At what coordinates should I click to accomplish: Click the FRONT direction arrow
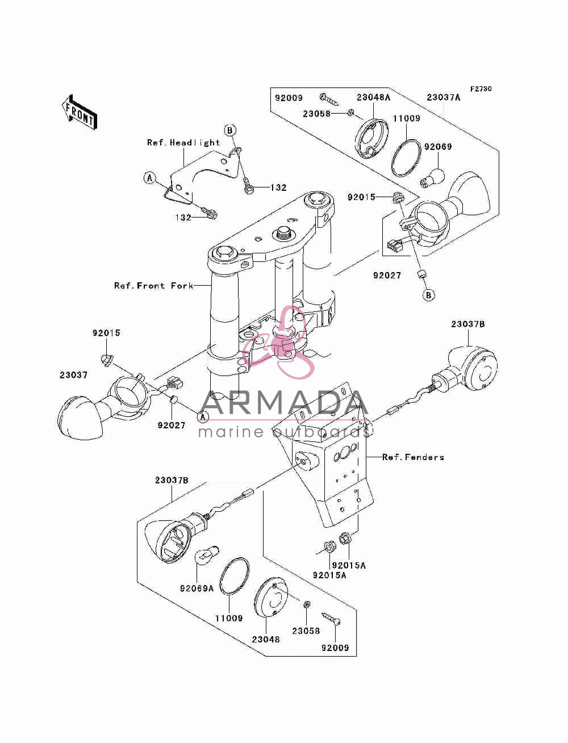tap(80, 112)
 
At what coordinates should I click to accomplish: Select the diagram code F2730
tap(481, 89)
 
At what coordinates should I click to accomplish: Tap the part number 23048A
tap(373, 98)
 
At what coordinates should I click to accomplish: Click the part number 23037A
tap(444, 98)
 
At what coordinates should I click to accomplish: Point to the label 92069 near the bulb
tap(438, 147)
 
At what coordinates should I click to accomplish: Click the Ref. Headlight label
tap(183, 143)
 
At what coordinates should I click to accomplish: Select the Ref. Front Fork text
tap(154, 286)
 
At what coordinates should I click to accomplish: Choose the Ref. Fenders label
tap(413, 457)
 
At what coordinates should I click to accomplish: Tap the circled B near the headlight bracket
tap(230, 130)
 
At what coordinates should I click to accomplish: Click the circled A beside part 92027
tap(203, 416)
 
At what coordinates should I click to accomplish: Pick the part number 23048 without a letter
tap(266, 639)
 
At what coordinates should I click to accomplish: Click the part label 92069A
tap(197, 588)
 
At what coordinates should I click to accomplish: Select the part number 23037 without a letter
tap(73, 375)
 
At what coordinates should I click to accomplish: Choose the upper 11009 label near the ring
tap(406, 118)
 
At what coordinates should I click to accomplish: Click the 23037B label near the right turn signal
tap(468, 324)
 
